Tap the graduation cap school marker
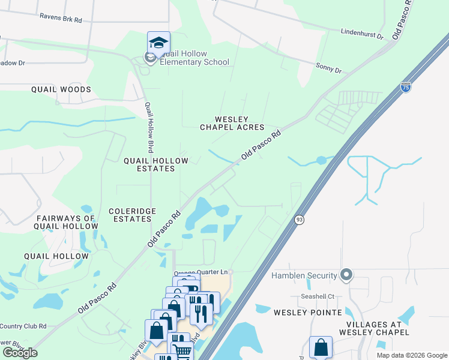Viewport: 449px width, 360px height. click(x=158, y=43)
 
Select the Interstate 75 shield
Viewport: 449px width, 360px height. click(x=406, y=86)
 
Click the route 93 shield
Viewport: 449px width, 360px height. click(x=299, y=220)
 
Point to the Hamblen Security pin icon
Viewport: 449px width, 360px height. click(x=346, y=275)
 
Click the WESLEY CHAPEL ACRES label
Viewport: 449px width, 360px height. click(x=232, y=124)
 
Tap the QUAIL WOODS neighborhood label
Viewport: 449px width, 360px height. click(x=61, y=89)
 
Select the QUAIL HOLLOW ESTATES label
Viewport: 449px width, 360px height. click(x=155, y=164)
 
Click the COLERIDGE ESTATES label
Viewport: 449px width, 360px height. click(x=132, y=215)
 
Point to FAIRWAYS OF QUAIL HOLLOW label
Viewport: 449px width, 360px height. click(x=66, y=222)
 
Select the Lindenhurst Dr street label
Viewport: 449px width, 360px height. click(x=361, y=33)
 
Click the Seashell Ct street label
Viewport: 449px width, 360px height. click(x=317, y=298)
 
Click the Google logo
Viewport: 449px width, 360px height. click(x=20, y=353)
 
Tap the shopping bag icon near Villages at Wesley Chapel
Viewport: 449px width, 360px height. click(x=321, y=347)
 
